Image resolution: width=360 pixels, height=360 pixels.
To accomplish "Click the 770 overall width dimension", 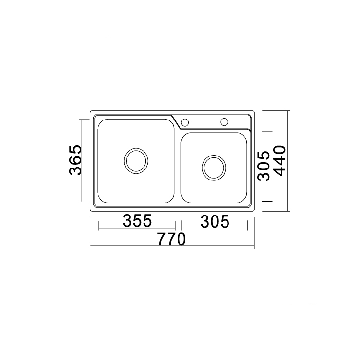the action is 171,239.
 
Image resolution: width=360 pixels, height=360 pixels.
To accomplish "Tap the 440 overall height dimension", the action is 280,161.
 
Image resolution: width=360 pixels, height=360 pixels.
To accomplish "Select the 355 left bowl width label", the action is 137,221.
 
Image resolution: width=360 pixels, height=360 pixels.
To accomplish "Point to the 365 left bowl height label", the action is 75,160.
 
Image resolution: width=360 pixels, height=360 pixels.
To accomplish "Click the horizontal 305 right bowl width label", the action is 215,221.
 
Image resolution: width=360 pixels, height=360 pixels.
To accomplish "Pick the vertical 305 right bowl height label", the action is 264,166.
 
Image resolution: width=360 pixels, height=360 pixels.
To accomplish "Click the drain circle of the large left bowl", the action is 136,161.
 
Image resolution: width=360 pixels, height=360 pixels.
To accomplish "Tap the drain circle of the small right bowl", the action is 214,168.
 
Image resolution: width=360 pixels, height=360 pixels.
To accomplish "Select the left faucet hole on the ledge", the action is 185,122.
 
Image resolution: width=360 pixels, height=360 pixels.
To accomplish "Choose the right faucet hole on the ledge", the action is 224,122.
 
